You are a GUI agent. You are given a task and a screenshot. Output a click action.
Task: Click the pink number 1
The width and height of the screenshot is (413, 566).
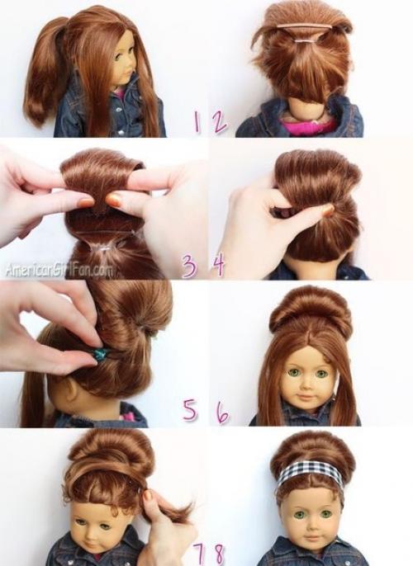point(197,121)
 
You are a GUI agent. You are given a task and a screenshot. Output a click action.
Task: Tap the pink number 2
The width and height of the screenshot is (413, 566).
point(220,121)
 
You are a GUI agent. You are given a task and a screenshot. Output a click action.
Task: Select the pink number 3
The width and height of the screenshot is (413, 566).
point(190,266)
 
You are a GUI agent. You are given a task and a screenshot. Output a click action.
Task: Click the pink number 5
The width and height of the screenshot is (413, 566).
point(191,410)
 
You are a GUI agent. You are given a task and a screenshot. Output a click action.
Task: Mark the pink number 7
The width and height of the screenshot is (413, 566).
point(199,554)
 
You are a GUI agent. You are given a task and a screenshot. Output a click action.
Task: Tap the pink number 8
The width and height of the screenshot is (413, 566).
point(218,554)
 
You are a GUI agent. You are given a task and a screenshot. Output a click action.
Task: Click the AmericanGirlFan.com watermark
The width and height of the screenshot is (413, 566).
point(58,270)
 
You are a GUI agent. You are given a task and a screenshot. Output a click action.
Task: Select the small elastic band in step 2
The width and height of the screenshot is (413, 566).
point(303,42)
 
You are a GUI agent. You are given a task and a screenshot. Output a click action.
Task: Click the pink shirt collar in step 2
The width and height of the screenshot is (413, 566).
point(306,127)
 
